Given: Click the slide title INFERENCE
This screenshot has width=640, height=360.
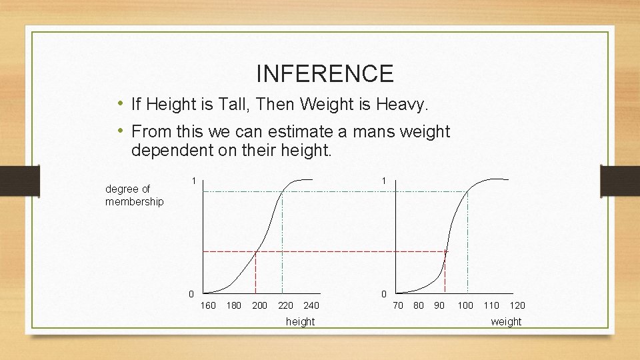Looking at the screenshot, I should tap(325, 73).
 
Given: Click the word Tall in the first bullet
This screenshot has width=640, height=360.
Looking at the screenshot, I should tap(239, 105).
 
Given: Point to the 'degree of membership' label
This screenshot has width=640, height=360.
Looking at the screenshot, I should tap(134, 195).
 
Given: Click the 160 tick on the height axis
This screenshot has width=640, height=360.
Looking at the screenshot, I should tap(209, 306).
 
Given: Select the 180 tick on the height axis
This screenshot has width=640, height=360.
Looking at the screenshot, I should tap(234, 306).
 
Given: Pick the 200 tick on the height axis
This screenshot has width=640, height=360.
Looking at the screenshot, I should tap(259, 306).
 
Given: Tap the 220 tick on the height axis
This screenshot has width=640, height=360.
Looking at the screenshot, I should tap(285, 306).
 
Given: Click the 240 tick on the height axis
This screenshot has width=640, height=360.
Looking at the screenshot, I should tap(311, 306).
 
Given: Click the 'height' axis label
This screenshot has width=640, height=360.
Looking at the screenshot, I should tap(300, 322).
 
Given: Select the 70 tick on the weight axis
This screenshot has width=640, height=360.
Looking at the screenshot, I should tap(398, 306).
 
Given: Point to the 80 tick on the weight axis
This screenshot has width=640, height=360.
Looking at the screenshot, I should tap(419, 306).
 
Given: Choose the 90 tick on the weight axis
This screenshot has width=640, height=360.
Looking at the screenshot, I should tap(439, 306).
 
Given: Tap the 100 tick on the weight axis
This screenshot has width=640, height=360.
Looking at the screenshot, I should tap(465, 306).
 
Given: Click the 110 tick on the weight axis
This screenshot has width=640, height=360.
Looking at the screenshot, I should tap(491, 306).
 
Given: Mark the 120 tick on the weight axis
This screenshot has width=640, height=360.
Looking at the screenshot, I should tap(517, 306).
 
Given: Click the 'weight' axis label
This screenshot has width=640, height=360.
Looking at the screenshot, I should tap(506, 322).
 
